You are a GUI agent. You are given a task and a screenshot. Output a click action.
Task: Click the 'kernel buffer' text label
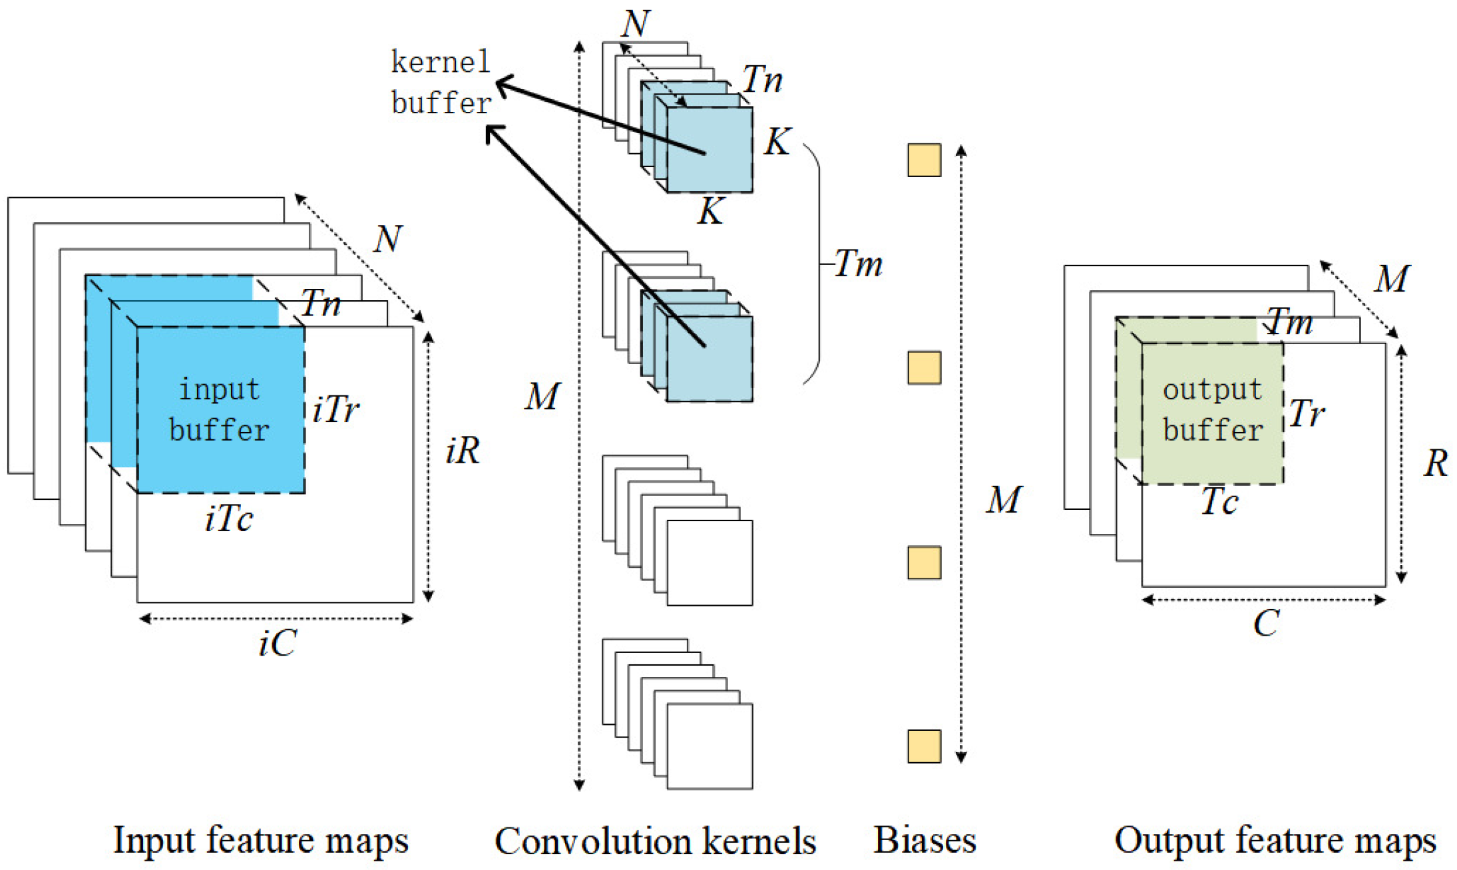(440, 83)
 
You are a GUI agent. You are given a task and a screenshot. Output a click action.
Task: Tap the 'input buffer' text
(220, 409)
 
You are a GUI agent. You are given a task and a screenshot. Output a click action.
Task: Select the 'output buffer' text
(1212, 409)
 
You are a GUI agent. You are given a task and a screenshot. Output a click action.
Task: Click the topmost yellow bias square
(924, 160)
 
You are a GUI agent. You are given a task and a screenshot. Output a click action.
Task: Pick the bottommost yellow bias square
(924, 746)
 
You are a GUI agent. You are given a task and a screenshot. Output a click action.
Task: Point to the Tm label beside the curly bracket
(858, 264)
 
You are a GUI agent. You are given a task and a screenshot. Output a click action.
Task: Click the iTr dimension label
(335, 409)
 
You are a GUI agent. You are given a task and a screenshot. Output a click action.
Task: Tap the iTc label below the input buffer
(229, 519)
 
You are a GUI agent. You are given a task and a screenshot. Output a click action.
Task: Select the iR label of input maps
(463, 451)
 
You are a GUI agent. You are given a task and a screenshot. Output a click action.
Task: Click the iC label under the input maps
(278, 644)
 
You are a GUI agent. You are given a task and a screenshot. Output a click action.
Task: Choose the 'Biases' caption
(925, 840)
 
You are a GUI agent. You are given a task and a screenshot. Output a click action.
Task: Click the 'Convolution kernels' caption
(655, 841)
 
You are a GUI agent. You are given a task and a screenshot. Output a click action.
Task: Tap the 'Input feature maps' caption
(260, 840)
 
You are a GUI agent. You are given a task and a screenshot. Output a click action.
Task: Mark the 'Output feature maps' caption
(1275, 840)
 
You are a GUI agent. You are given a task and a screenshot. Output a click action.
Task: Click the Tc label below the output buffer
(1219, 502)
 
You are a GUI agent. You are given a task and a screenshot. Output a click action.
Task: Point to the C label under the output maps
(1266, 624)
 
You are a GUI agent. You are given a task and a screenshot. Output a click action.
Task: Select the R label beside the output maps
(1436, 463)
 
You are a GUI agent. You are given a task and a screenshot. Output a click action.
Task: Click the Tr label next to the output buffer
(1307, 414)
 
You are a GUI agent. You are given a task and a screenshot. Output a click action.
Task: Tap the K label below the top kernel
(710, 212)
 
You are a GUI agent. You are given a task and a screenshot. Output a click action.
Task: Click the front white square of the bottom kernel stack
(710, 746)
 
